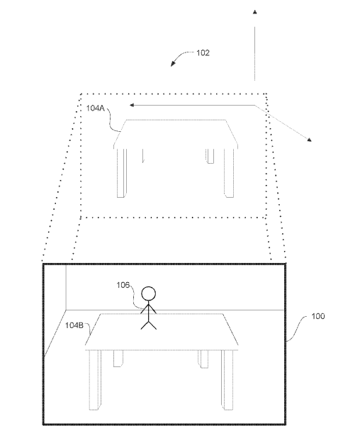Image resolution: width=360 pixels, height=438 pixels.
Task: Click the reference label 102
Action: [x=203, y=52]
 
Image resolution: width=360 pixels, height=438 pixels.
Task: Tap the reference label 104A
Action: [x=95, y=108]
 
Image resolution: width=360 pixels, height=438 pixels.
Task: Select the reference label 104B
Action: [x=74, y=325]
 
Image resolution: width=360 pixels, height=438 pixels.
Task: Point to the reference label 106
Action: [x=123, y=285]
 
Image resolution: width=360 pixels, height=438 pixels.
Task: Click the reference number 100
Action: [x=318, y=316]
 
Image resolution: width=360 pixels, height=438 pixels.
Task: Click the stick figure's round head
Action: [x=148, y=294]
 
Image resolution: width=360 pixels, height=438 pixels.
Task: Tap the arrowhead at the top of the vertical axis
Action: [x=254, y=12]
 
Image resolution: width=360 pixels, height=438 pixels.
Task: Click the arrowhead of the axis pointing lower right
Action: [x=309, y=140]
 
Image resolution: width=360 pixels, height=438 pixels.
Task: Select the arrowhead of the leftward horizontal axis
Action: [x=132, y=105]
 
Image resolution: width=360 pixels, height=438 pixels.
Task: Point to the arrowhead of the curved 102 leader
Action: [x=173, y=64]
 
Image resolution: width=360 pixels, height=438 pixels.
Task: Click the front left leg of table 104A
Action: [x=121, y=173]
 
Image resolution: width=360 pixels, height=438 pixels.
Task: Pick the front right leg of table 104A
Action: [x=229, y=173]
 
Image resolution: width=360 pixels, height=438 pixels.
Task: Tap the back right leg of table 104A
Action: [x=210, y=156]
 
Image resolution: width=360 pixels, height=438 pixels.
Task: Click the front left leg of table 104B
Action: [x=95, y=380]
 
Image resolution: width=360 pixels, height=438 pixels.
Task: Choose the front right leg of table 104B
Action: [x=227, y=380]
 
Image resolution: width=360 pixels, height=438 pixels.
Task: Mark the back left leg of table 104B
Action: [x=118, y=359]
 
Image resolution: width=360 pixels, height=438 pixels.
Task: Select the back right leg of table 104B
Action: [x=203, y=359]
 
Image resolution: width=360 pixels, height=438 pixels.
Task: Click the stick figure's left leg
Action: [x=145, y=325]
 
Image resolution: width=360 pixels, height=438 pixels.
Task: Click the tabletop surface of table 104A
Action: [x=176, y=133]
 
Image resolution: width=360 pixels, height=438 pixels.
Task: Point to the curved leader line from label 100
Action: [x=298, y=329]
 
